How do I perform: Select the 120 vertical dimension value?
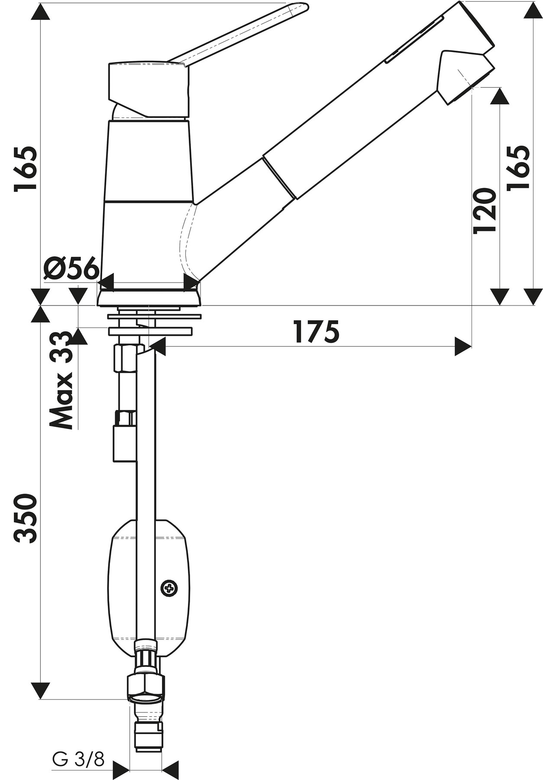pyautogui.click(x=484, y=211)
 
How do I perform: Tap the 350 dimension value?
pyautogui.click(x=25, y=518)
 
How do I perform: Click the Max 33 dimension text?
pyautogui.click(x=61, y=380)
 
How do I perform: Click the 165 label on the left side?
pyautogui.click(x=25, y=169)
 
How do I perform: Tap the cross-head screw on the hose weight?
pyautogui.click(x=169, y=588)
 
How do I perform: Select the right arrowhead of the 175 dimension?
pyautogui.click(x=463, y=346)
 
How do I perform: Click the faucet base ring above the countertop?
pyautogui.click(x=149, y=298)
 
